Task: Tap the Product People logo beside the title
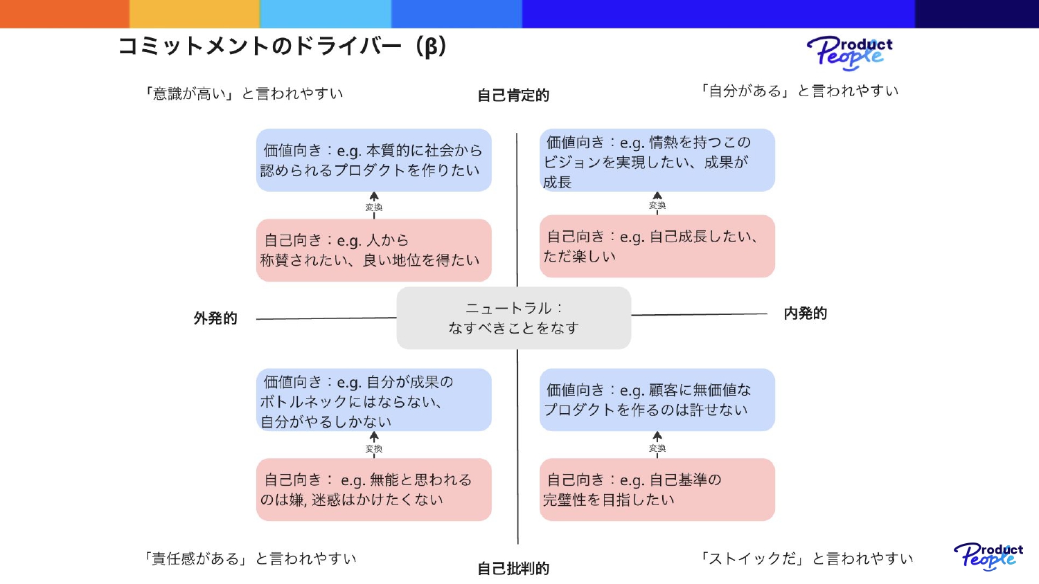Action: pyautogui.click(x=849, y=53)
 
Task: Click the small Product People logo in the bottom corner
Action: pyautogui.click(x=988, y=556)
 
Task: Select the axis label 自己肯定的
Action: pyautogui.click(x=513, y=95)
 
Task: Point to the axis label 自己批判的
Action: pyautogui.click(x=513, y=569)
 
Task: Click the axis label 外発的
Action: pyautogui.click(x=215, y=318)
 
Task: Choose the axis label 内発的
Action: pyautogui.click(x=805, y=313)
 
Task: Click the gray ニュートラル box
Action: pyautogui.click(x=513, y=318)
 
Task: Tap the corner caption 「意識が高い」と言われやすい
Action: pyautogui.click(x=243, y=93)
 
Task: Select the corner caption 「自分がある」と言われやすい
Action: pyautogui.click(x=799, y=91)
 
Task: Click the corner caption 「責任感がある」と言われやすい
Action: pyautogui.click(x=250, y=558)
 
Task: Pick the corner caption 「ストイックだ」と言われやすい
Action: pyautogui.click(x=806, y=558)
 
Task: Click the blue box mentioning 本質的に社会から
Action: pyautogui.click(x=373, y=160)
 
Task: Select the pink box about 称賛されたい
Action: pyautogui.click(x=373, y=250)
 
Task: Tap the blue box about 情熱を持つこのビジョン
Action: pyautogui.click(x=657, y=160)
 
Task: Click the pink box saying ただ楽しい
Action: pyautogui.click(x=657, y=246)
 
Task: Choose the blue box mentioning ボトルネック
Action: pyautogui.click(x=373, y=400)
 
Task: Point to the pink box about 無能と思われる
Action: pyautogui.click(x=373, y=489)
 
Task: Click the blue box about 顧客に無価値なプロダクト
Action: pyautogui.click(x=657, y=400)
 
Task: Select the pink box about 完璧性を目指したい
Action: pyautogui.click(x=657, y=489)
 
